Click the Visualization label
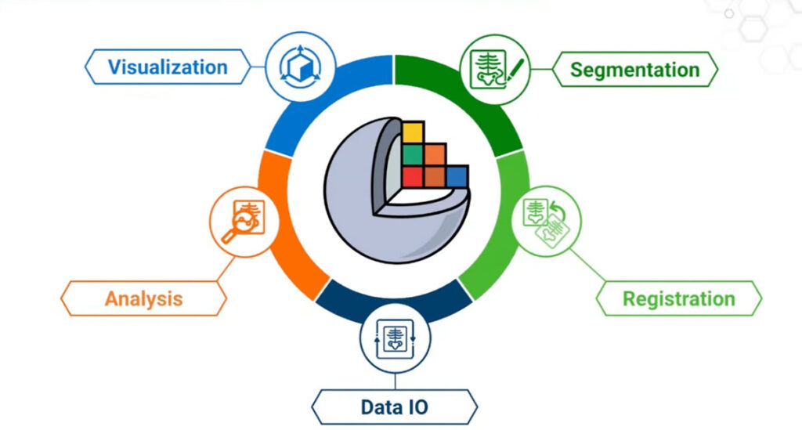click(x=168, y=67)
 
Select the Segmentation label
click(x=634, y=69)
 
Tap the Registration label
click(x=678, y=298)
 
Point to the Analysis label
click(x=144, y=298)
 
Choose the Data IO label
click(x=394, y=407)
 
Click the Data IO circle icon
click(x=395, y=336)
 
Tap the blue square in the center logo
click(x=457, y=176)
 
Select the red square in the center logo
click(x=413, y=176)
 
